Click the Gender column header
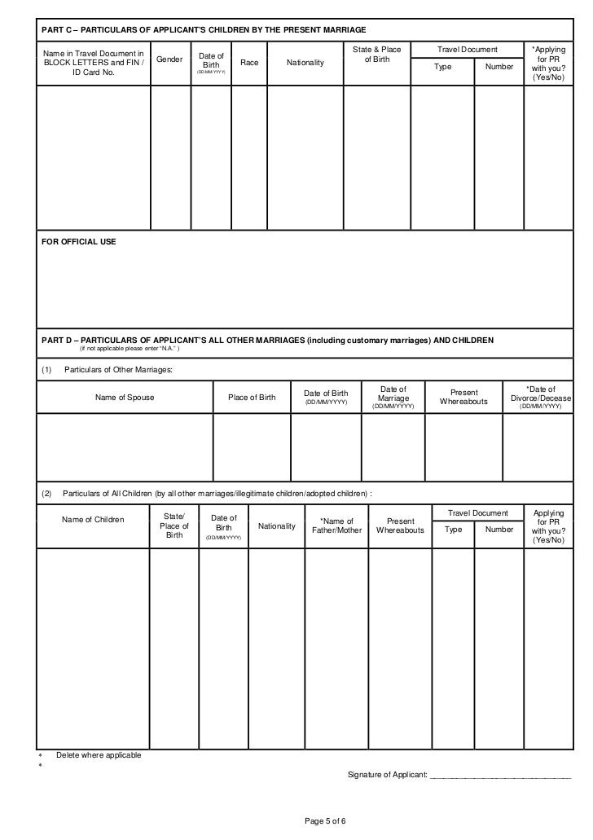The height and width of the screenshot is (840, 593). click(170, 61)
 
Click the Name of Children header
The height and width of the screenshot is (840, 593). click(93, 519)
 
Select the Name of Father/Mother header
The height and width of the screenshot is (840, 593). click(336, 526)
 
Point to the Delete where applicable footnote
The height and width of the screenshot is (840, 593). click(99, 754)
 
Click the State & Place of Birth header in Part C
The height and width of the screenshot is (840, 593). click(376, 55)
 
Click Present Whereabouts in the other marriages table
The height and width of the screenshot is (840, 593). click(464, 397)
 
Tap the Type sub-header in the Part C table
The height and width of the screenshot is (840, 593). click(442, 67)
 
